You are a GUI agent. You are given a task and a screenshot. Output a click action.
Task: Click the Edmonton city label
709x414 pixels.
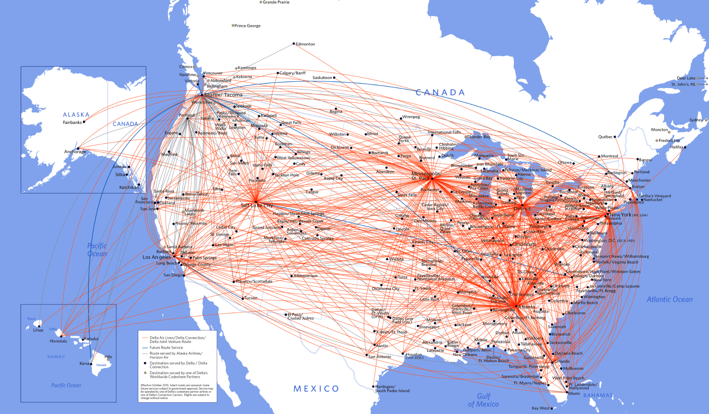[x=305, y=44]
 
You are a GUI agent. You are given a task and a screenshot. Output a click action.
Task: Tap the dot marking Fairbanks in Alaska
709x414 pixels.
[x=84, y=122]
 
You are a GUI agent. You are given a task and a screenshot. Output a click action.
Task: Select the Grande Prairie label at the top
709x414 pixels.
[x=276, y=2]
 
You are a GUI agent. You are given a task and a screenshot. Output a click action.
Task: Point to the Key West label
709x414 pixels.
[x=541, y=408]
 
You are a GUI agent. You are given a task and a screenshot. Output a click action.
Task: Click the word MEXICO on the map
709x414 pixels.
[x=316, y=388]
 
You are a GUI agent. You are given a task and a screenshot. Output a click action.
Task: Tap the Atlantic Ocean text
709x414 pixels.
[x=669, y=299]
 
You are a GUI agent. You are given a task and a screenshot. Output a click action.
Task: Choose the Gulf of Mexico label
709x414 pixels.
[x=483, y=400]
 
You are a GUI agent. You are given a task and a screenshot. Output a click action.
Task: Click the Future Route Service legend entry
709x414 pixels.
[x=166, y=347]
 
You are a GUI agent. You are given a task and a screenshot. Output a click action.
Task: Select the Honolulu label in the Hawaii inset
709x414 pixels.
[x=58, y=341]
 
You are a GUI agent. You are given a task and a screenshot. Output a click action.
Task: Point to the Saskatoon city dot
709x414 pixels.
[x=334, y=78]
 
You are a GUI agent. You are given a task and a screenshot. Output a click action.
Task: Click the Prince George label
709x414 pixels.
[x=247, y=26]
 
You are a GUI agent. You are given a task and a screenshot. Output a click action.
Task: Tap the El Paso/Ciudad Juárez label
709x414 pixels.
[x=300, y=316]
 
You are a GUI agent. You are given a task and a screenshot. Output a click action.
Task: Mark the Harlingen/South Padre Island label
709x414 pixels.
[x=392, y=388]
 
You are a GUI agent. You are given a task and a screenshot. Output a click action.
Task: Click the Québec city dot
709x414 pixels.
[x=615, y=137]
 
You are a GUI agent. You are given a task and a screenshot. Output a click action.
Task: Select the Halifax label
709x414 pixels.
[x=676, y=147]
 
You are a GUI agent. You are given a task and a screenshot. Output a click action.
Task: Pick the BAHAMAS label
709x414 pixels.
[x=598, y=395]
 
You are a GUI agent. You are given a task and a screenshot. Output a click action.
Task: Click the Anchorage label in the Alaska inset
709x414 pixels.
[x=75, y=152]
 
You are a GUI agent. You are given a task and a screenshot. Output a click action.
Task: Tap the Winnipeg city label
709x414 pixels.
[x=411, y=117]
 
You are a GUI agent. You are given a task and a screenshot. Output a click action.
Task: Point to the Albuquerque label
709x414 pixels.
[x=305, y=276]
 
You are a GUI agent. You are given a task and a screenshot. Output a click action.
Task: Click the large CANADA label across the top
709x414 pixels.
[x=440, y=92]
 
